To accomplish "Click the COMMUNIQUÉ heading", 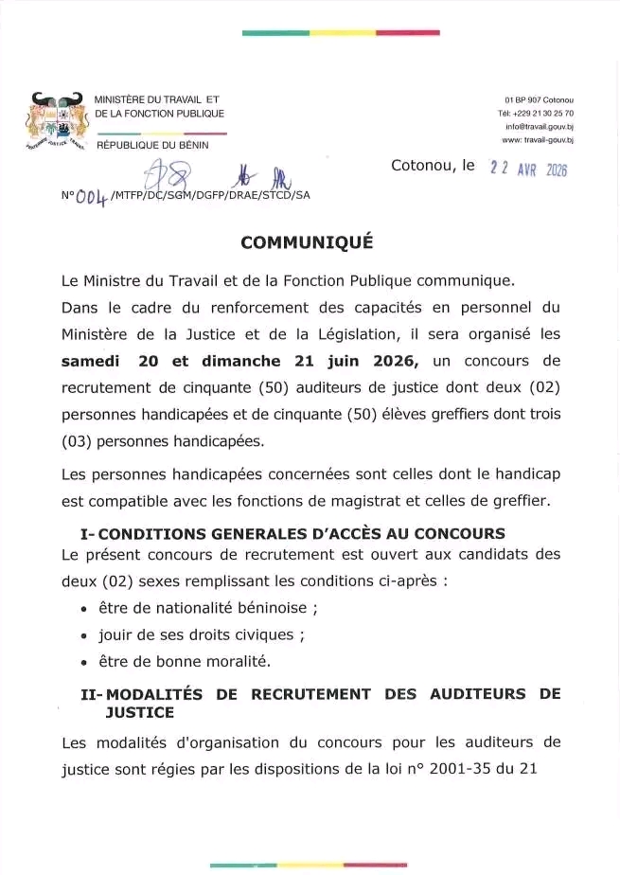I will (307, 241).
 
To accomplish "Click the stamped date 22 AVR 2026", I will (527, 169).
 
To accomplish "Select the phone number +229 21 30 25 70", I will (537, 113).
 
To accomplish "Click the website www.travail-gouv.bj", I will (538, 139).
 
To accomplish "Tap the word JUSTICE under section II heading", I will (141, 710).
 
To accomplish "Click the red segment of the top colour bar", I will (407, 33).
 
